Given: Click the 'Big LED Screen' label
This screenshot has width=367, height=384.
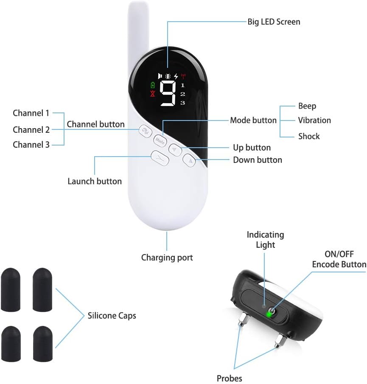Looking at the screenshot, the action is click(274, 22).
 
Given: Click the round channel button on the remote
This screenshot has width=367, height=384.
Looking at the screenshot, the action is click(145, 132).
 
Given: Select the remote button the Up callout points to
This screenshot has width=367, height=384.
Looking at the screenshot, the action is click(176, 149).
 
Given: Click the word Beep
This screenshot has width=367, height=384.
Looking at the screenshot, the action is click(307, 106).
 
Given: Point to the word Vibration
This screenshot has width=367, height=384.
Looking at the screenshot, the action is click(314, 121).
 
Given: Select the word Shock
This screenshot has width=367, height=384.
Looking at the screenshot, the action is click(308, 136).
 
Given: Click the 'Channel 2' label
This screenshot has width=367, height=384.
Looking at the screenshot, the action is click(31, 129).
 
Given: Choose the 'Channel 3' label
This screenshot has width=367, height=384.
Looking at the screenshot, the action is click(31, 144).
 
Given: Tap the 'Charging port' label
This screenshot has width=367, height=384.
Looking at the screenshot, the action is click(167, 258).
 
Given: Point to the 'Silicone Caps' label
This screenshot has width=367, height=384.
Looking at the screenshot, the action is click(112, 315).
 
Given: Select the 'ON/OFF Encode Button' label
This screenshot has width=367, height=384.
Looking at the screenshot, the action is click(339, 259).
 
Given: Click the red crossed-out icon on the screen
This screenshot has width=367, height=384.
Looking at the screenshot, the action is click(153, 94).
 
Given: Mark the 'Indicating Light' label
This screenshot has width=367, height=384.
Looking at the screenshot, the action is click(265, 240).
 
